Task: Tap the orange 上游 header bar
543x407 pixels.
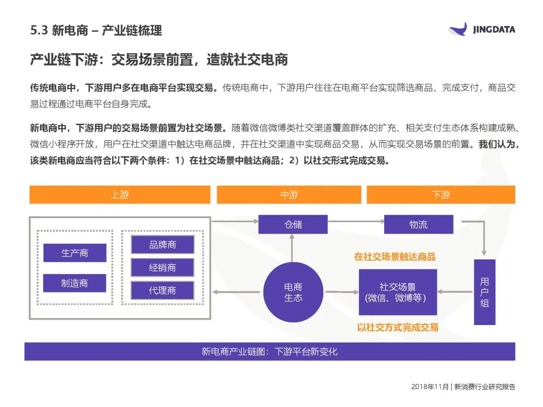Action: click(120, 194)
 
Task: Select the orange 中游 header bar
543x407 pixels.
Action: click(289, 194)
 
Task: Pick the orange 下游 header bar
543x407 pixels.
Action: click(440, 194)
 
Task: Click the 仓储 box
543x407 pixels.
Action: click(293, 224)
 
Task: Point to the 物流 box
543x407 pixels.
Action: click(418, 224)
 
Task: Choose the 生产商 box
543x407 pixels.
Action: click(74, 253)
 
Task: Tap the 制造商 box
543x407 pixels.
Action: click(74, 283)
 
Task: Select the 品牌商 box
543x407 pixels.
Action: click(162, 245)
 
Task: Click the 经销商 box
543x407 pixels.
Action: click(162, 267)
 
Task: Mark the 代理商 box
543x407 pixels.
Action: click(162, 290)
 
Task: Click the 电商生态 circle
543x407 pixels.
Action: click(293, 292)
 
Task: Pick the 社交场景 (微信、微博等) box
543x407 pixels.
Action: click(397, 292)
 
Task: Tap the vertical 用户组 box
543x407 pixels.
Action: click(485, 292)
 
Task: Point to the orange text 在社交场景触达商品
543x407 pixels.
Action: click(395, 257)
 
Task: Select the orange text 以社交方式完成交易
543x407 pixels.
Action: click(397, 327)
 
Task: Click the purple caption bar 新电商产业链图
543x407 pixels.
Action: click(269, 351)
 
